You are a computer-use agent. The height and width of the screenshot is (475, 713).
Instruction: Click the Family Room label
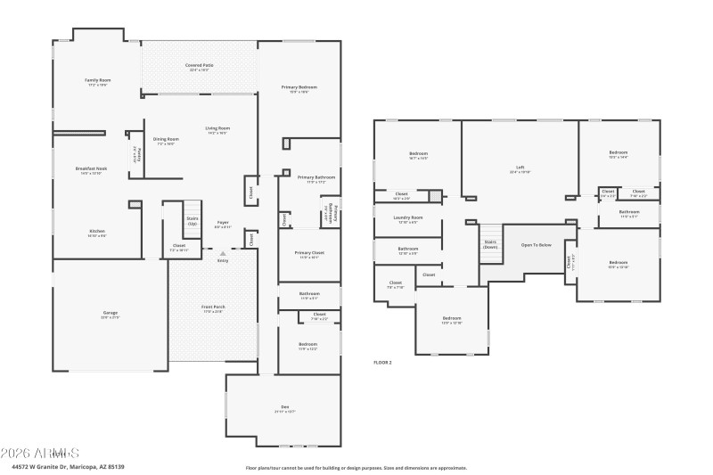pos(96,80)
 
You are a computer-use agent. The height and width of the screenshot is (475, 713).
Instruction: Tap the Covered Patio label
pos(199,65)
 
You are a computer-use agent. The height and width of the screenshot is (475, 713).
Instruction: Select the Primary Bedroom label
pos(299,87)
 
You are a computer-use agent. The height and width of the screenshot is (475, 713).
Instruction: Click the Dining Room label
pos(166,139)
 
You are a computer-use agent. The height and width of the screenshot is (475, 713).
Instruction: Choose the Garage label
pos(110,313)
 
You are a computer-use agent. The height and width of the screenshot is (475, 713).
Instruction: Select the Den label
pos(285,408)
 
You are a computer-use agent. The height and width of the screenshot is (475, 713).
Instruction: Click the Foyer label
pos(223,223)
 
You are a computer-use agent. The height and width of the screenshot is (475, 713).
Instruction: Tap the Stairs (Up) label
pos(193,219)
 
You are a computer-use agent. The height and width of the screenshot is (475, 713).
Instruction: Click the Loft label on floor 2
pos(520,168)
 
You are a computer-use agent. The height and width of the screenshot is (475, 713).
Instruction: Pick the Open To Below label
pos(537,244)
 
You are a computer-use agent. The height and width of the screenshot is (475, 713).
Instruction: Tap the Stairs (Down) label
pos(490,243)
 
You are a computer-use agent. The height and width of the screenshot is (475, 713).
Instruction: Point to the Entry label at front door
pos(222,260)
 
